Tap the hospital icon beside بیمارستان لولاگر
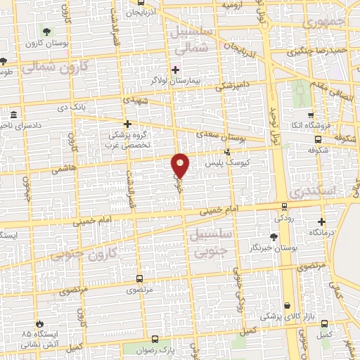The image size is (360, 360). (175, 70)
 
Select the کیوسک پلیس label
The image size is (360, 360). (227, 162)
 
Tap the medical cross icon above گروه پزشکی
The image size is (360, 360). (127, 124)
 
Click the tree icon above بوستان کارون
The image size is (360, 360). (46, 32)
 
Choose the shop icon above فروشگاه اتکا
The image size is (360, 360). (311, 115)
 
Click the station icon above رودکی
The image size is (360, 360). (284, 207)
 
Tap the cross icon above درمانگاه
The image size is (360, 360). (321, 221)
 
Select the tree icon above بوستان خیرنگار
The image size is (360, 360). (274, 238)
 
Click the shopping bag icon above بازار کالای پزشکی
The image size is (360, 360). (288, 306)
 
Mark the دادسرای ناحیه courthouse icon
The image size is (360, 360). (13, 114)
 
